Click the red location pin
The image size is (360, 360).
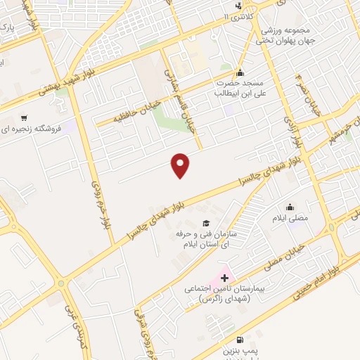tap(181, 165)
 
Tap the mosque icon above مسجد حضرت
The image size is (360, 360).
tap(240, 72)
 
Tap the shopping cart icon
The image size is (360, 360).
tap(25, 118)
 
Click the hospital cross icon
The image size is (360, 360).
tap(224, 279)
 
